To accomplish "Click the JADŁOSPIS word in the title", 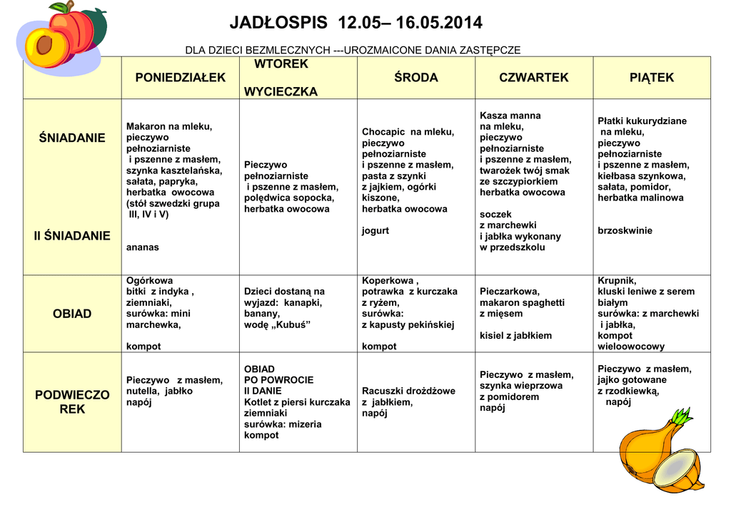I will pos(279,24).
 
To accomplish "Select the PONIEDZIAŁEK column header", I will pos(180,78).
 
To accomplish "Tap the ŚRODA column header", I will pos(416,78).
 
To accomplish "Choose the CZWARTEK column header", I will pos(534,78).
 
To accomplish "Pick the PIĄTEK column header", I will pos(651,78).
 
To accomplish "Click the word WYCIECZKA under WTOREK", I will pos(281,92).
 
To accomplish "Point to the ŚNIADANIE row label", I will pos(72,138).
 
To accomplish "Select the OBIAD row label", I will pos(72,314).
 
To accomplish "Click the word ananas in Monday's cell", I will pos(142,247).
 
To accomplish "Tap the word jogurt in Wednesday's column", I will pos(375,231).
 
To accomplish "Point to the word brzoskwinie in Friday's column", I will pos(625,231).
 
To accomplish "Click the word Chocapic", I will pos(383,132).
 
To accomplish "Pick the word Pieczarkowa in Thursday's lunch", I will pos(509,292).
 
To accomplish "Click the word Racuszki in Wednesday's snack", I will pos(382,391).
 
